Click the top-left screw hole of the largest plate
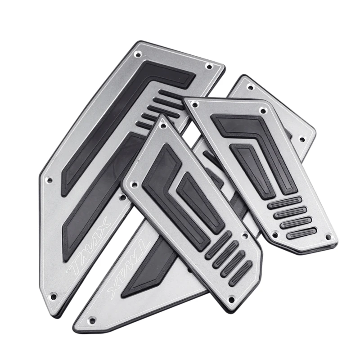pos(138,54)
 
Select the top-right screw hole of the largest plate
pos(209,67)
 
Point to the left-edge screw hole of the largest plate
pos(49,180)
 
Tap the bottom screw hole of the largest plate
pos(54,297)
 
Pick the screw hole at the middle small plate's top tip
pos(163,126)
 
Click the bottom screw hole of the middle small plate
pos(232,300)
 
